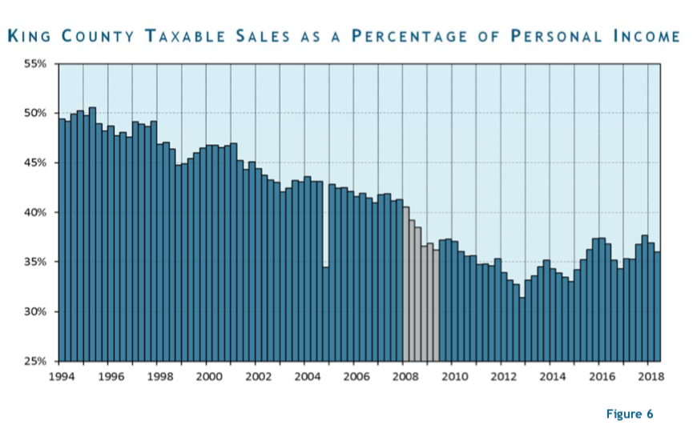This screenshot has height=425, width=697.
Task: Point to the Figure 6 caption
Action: (x=630, y=414)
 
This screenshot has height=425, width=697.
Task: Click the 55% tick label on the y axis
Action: (x=36, y=63)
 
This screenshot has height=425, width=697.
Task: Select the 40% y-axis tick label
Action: (x=36, y=212)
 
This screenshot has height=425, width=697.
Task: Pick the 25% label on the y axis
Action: (x=36, y=361)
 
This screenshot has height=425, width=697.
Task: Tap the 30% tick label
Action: (x=36, y=311)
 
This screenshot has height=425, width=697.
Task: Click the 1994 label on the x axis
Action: (x=60, y=375)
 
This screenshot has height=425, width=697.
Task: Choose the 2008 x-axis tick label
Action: (x=404, y=375)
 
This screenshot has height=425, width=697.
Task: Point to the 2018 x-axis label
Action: (x=649, y=375)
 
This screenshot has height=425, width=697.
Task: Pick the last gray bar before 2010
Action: (x=436, y=305)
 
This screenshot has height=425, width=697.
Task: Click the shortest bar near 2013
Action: (x=522, y=329)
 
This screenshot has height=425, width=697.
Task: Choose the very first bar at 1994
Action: (x=62, y=240)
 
